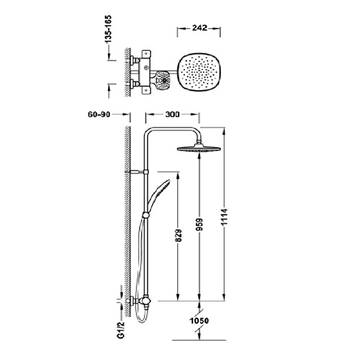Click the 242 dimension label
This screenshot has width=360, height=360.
coord(199,28)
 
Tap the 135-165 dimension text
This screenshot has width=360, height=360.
coord(109,29)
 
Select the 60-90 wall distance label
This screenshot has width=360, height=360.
coord(99,114)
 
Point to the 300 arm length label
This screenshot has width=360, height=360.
coord(172,114)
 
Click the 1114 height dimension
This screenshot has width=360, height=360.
coord(224,217)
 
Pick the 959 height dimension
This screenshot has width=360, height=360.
coord(199,225)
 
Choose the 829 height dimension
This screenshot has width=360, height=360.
coord(179,236)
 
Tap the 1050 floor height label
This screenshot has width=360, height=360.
coord(199,320)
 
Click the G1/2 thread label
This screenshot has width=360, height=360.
coord(122,330)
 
